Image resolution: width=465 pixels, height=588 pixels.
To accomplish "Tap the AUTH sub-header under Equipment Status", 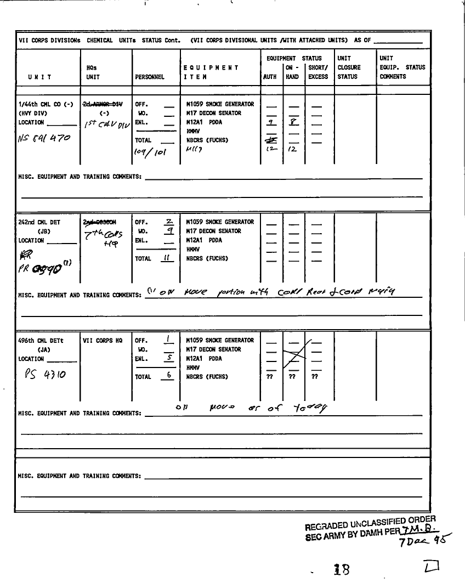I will [270, 77].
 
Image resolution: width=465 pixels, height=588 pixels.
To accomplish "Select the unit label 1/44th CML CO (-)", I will [46, 104].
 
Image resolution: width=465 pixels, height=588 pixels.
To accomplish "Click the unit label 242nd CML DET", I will [39, 223].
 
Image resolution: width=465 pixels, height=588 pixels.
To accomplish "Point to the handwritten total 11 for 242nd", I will [165, 258].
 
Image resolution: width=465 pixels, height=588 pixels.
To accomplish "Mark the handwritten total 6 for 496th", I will [169, 376].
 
